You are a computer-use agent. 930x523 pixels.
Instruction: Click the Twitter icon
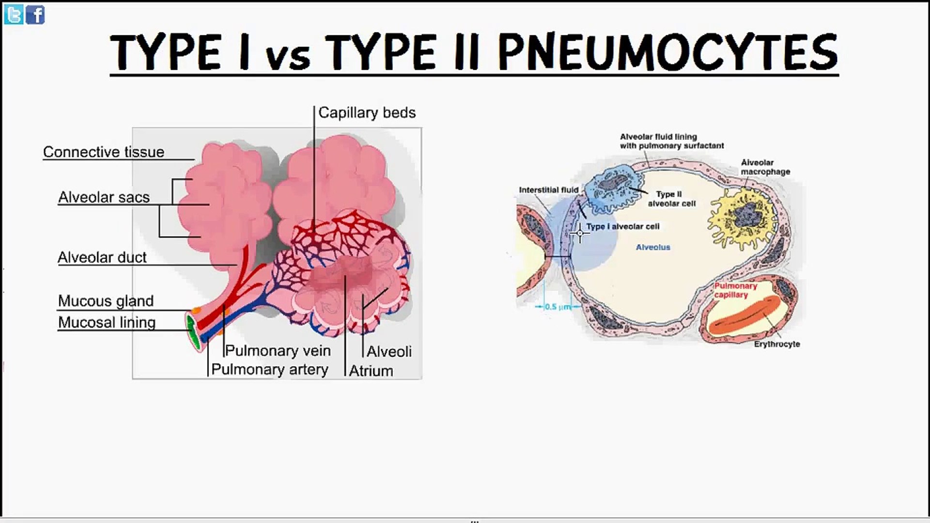tap(14, 15)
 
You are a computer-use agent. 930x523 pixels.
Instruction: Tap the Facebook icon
tap(35, 15)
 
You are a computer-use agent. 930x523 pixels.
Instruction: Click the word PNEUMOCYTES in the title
tap(668, 52)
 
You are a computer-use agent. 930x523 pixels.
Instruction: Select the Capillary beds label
tap(367, 113)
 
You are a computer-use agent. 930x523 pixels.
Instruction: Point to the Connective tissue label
tap(104, 152)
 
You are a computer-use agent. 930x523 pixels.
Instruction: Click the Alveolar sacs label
tap(104, 197)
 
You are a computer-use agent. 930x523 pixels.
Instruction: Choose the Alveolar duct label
tap(102, 257)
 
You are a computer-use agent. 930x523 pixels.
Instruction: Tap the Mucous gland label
tap(106, 301)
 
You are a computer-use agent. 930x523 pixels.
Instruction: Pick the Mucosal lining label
tap(107, 323)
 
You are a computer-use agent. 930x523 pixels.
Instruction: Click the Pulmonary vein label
tap(278, 351)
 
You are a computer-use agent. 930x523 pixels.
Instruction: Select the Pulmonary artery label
tap(270, 369)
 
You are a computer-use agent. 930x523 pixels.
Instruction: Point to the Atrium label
tap(371, 371)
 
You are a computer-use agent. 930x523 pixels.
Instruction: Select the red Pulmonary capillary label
tap(735, 290)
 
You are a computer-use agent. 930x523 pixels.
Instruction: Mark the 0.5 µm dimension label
tap(558, 307)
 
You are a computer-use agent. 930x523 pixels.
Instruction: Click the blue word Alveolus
tap(653, 247)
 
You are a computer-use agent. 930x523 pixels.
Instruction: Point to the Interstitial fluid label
tap(549, 190)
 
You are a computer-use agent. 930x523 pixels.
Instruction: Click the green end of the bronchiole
tap(193, 331)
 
